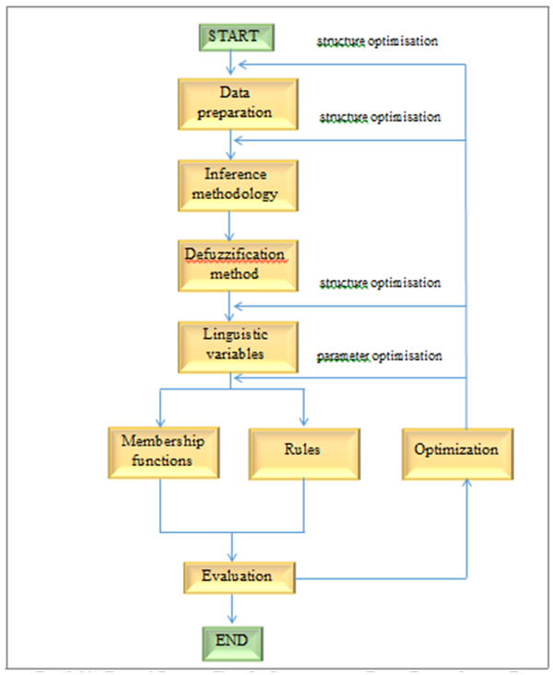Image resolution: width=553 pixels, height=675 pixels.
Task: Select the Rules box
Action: [x=303, y=450]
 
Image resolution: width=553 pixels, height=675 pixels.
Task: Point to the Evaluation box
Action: [x=237, y=576]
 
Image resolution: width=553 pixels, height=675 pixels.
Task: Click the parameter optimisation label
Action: [x=379, y=355]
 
